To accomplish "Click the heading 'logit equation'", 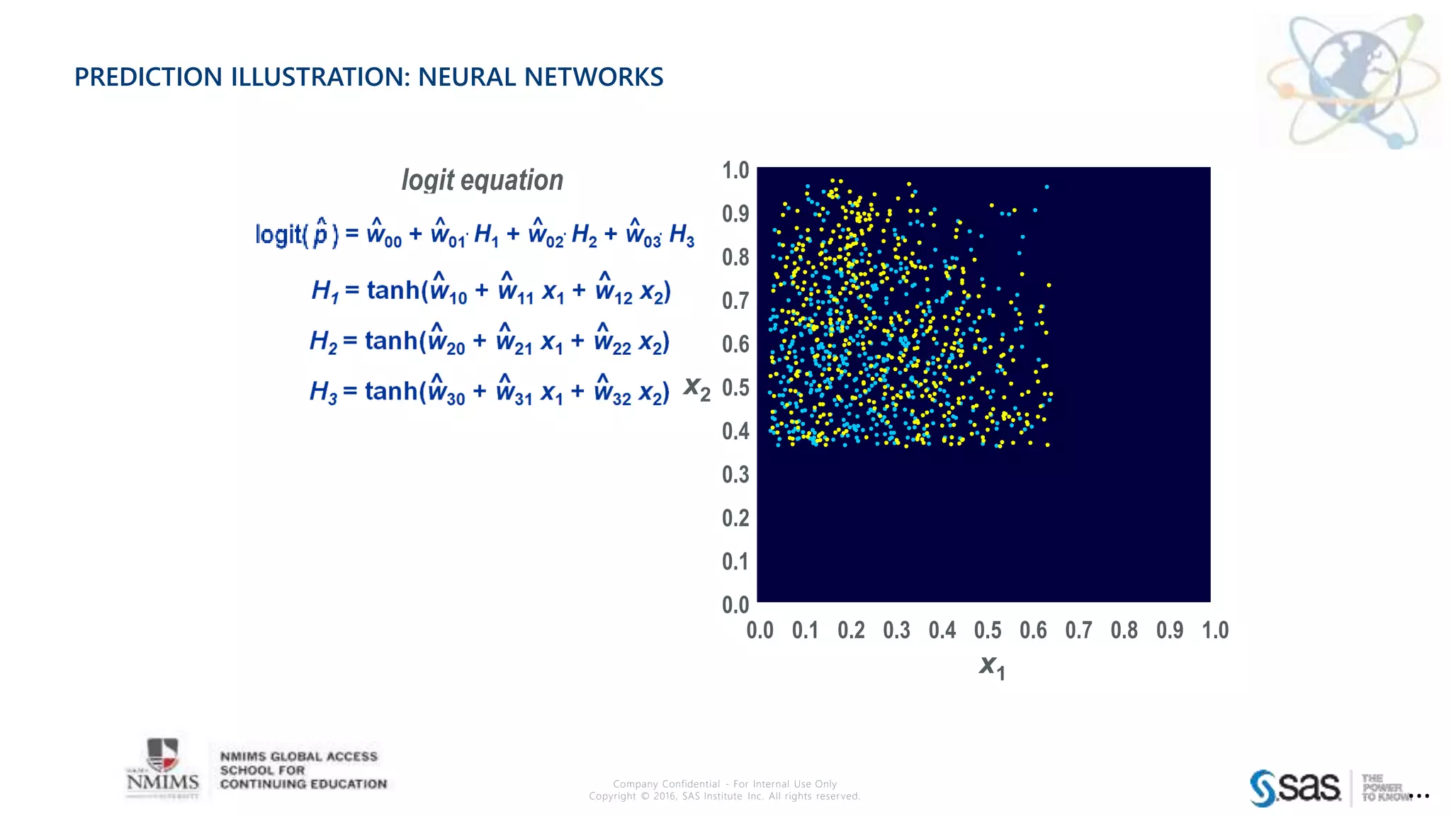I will point(482,180).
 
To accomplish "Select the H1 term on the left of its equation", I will point(324,291).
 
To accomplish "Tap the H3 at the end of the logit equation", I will point(682,234).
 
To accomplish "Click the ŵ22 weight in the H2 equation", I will point(612,341).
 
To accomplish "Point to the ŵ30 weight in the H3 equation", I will point(446,392).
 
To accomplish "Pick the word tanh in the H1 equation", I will point(393,290).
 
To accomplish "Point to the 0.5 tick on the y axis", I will point(735,387).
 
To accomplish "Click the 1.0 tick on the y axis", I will point(735,170).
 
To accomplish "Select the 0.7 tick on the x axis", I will point(1078,630).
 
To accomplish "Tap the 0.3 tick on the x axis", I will point(896,630).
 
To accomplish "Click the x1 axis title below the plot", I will point(992,666).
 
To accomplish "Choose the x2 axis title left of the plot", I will point(696,387).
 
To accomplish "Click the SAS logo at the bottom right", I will point(1296,788).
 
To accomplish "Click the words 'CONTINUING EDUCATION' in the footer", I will point(303,784).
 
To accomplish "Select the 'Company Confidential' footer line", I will point(724,783).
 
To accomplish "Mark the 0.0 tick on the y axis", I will point(735,605).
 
